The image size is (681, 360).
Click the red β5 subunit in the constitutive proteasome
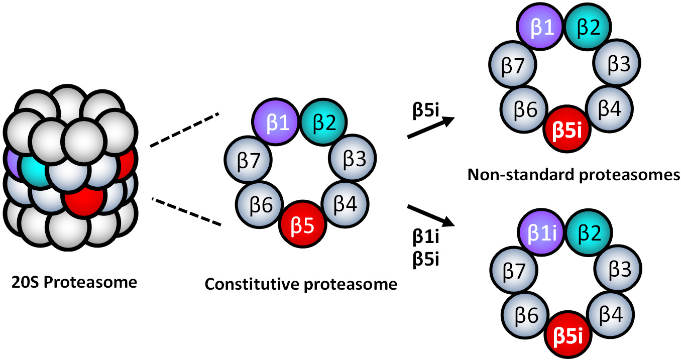(x=303, y=225)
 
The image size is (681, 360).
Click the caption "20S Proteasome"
(x=74, y=282)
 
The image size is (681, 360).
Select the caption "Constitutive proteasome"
(x=301, y=285)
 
